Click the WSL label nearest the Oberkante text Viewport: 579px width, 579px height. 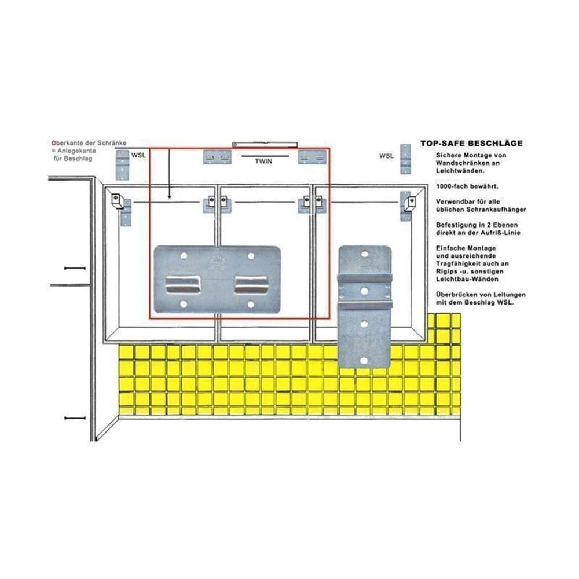click(138, 156)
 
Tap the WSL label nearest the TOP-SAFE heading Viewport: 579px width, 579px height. click(386, 156)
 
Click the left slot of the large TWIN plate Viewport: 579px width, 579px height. click(184, 284)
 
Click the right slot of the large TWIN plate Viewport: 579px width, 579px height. click(251, 284)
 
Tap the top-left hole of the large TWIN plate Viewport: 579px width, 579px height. click(184, 255)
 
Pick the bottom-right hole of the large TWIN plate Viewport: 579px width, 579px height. click(251, 304)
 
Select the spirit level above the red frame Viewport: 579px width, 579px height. click(264, 143)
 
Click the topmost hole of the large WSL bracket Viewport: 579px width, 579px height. click(365, 254)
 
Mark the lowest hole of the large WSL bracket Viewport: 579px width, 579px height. click(364, 360)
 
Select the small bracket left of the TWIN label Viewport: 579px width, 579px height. click(217, 156)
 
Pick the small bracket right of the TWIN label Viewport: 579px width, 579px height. click(310, 156)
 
